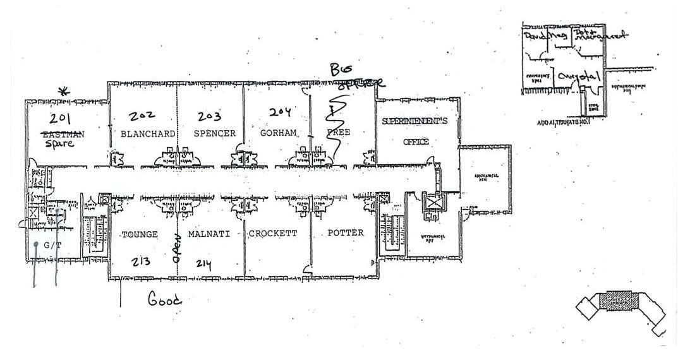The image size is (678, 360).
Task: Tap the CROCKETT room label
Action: tap(273, 234)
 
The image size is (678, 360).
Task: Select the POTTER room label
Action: tap(346, 234)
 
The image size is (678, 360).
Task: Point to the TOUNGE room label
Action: tap(139, 234)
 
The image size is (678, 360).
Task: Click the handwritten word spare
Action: tap(60, 143)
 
